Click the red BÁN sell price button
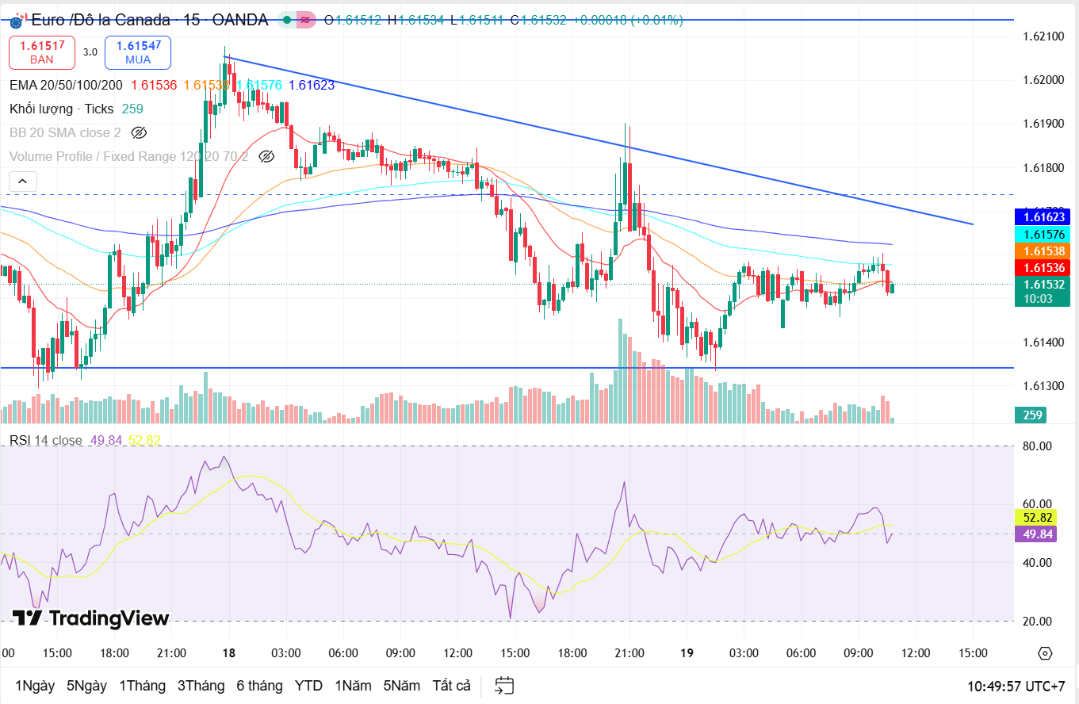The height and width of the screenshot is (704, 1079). point(42,52)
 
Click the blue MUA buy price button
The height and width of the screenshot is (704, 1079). point(138,52)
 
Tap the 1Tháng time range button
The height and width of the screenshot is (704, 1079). point(143,686)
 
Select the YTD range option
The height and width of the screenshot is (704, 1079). point(308,686)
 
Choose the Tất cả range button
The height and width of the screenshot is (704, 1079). point(452,686)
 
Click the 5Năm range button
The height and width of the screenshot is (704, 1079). point(401,686)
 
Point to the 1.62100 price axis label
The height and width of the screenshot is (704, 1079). point(1043,36)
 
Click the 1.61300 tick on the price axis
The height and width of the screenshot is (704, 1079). point(1043,386)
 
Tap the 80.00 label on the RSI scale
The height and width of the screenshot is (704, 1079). point(1035,446)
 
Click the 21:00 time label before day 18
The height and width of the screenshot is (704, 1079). point(172,653)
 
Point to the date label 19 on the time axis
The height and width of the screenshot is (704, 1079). point(687,653)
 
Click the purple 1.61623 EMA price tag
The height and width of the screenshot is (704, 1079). point(1043,216)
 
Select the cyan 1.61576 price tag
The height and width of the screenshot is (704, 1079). point(1043,234)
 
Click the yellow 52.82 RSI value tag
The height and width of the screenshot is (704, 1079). point(1035,517)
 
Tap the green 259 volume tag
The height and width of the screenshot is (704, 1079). point(1031,415)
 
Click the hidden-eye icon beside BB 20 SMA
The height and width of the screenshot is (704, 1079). point(139,132)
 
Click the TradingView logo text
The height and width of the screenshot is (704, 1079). point(90,618)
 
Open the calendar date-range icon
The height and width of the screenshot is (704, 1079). point(504,686)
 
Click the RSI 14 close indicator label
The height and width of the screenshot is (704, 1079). point(45,440)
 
